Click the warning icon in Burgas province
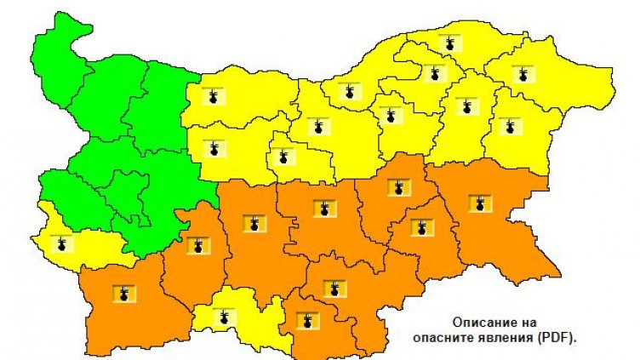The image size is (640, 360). (480, 203)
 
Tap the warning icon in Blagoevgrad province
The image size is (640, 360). (125, 294)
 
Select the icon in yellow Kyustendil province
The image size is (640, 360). (60, 245)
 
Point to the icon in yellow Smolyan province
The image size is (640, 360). (225, 318)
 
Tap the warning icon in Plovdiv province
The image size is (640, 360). (254, 224)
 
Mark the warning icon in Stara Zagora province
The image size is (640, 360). (322, 208)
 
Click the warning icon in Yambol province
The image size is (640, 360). (420, 227)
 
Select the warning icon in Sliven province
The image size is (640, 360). (396, 187)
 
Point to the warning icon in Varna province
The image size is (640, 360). (510, 127)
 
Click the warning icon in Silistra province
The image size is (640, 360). (449, 43)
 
